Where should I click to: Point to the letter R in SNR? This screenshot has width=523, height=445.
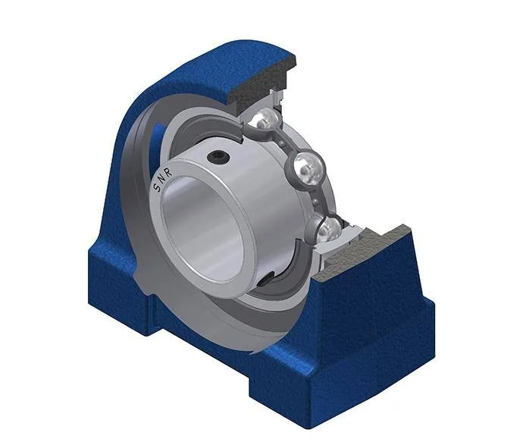(x=168, y=172)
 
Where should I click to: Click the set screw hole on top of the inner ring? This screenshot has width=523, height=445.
(x=218, y=156)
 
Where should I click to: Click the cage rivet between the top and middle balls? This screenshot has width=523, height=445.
(x=283, y=143)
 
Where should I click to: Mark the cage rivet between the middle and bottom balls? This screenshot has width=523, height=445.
(x=316, y=201)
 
